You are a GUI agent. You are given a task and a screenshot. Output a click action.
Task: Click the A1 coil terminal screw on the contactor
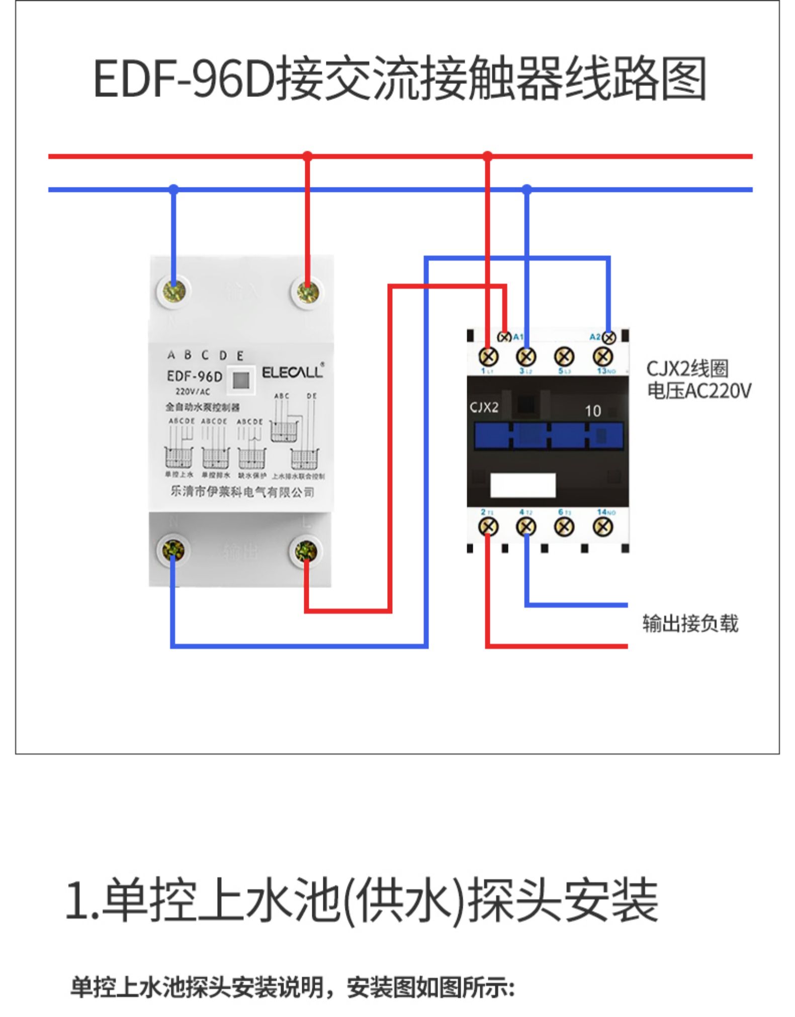pos(504,337)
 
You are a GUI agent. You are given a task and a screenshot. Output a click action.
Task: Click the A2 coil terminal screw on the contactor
pos(609,337)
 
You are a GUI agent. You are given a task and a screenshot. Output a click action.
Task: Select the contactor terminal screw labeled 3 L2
pos(526,357)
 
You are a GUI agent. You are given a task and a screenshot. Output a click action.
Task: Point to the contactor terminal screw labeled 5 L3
pos(564,357)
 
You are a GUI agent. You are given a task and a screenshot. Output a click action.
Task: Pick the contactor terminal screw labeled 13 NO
pos(602,357)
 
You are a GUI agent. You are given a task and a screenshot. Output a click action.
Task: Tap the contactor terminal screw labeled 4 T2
pos(526,526)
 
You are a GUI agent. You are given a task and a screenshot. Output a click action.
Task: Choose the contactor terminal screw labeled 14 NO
pos(602,526)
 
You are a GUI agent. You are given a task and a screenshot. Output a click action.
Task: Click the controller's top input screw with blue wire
pos(173,291)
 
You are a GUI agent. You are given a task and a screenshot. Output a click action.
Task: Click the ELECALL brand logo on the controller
pos(292,372)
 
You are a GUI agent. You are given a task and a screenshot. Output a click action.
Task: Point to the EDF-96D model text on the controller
pos(194,376)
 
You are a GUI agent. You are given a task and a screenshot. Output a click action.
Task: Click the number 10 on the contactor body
pos(593,411)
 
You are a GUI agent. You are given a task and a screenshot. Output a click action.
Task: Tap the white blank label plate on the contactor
pos(522,485)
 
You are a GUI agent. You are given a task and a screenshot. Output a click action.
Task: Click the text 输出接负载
pos(690,623)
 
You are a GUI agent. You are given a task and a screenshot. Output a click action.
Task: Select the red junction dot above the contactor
pos(487,156)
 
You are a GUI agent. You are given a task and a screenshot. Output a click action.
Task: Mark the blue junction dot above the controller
pos(173,190)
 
